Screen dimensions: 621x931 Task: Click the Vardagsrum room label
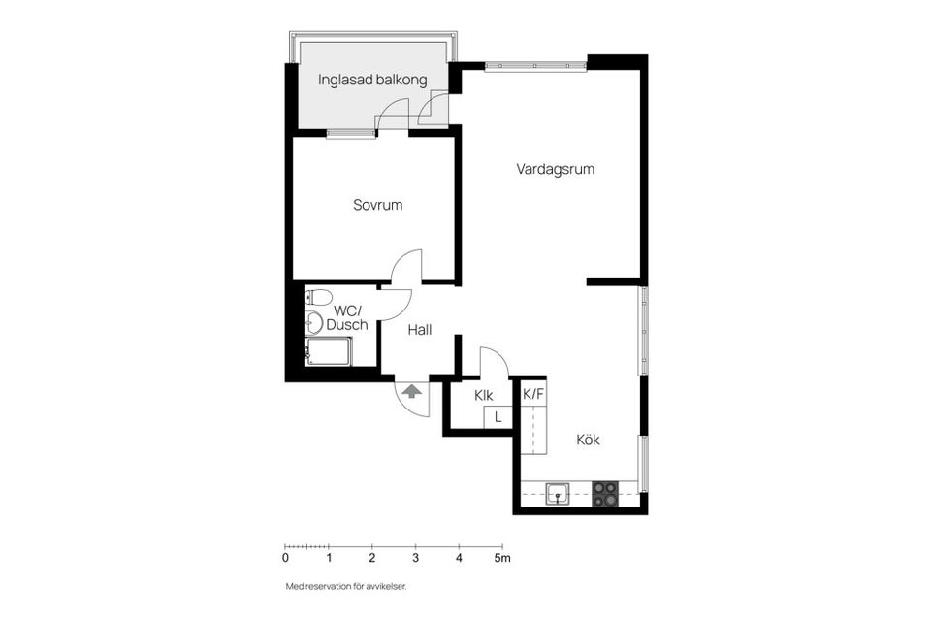pos(555,169)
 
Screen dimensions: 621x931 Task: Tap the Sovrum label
pos(377,206)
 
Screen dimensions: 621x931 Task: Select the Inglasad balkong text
pos(372,80)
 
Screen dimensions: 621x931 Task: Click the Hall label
pos(419,330)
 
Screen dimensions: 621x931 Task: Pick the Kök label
pos(588,440)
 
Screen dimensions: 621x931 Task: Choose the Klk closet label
pos(483,395)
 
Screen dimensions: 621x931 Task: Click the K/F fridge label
pos(533,395)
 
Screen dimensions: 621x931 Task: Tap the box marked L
pos(498,417)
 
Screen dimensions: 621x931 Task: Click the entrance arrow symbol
pos(412,392)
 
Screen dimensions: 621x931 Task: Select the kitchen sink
pos(559,495)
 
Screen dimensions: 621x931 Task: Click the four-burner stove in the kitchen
pos(605,495)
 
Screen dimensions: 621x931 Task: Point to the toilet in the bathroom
pos(321,297)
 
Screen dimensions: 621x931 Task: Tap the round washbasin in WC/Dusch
pos(314,322)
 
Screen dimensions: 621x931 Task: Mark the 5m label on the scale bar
pos(501,558)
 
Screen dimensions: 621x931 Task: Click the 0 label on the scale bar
pos(285,558)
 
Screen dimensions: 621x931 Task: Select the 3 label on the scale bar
pos(415,558)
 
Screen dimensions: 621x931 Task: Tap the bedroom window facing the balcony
pos(350,134)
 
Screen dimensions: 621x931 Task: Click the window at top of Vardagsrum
pos(535,66)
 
